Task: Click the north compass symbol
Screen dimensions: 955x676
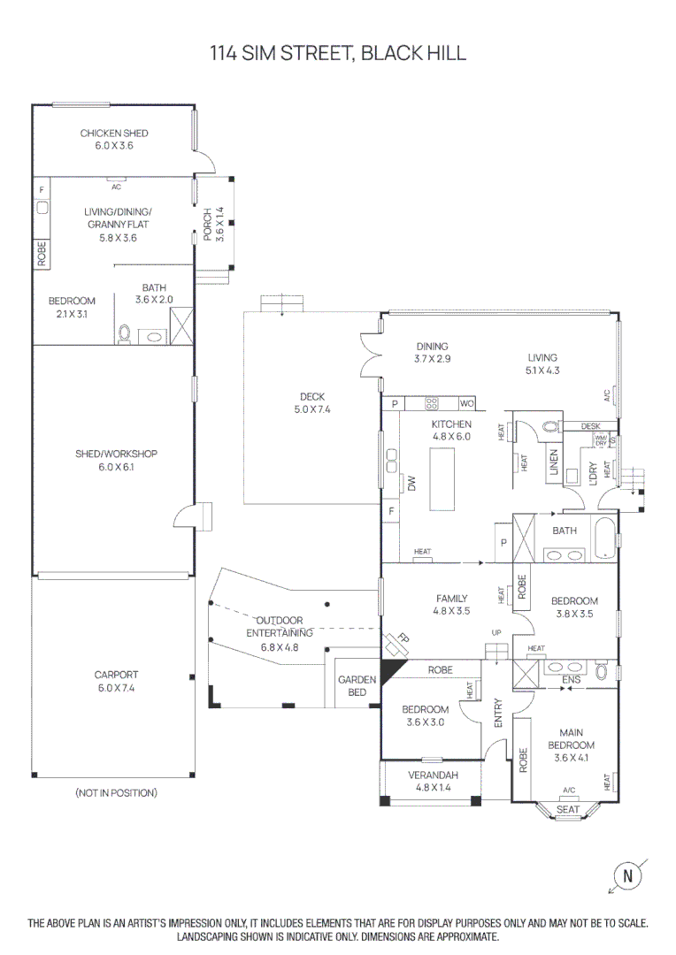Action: [x=628, y=876]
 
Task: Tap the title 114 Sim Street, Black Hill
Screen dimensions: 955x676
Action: [x=338, y=53]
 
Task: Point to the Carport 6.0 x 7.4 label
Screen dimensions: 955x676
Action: [x=116, y=681]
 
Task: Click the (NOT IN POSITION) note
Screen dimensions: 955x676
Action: [x=116, y=793]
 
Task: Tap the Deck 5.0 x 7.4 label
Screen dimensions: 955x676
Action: [x=311, y=403]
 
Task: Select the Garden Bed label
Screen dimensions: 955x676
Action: [x=357, y=686]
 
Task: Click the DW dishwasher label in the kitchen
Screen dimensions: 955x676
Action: [x=411, y=483]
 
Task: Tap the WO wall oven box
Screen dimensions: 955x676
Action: [x=466, y=403]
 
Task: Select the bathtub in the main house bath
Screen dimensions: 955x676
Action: [x=604, y=540]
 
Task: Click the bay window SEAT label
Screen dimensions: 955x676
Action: [x=568, y=809]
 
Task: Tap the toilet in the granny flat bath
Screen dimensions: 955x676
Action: [x=125, y=334]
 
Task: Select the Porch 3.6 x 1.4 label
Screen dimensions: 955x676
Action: [x=213, y=225]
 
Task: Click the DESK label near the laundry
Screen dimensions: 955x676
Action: [x=590, y=426]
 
